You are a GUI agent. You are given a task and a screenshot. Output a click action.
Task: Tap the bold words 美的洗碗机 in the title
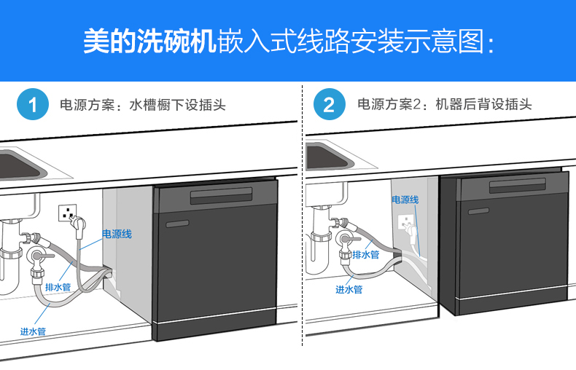point(149,42)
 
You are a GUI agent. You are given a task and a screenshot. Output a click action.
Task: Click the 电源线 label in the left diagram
point(117,234)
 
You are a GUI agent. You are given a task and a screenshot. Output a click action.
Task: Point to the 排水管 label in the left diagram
point(58,288)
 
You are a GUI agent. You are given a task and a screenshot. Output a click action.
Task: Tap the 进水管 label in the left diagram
point(34,331)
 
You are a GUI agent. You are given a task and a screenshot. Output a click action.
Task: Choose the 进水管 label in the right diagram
point(349,290)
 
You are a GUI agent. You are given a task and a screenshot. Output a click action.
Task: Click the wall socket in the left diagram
point(69,214)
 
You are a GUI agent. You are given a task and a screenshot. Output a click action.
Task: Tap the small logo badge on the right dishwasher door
point(479,210)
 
